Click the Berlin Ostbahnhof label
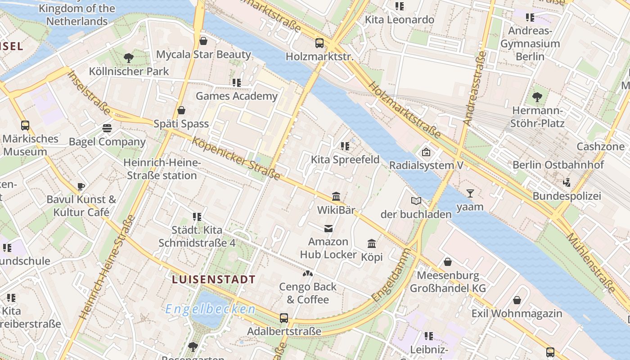tap(558, 165)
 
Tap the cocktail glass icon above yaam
tap(470, 193)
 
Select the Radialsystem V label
tap(426, 165)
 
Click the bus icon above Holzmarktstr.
tap(319, 43)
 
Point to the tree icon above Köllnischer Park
tap(129, 58)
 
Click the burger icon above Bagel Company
tap(107, 128)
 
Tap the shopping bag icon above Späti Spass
tap(181, 110)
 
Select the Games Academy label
tap(237, 96)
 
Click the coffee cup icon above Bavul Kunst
tap(81, 186)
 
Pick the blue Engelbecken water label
tap(210, 309)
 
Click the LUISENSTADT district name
tap(214, 279)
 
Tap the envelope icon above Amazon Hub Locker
tap(328, 229)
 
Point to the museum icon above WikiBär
tap(336, 197)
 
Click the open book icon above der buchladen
tap(416, 201)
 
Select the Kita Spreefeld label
tap(345, 159)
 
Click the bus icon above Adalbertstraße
tap(284, 318)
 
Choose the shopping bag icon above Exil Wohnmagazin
tap(517, 300)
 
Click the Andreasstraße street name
tap(475, 88)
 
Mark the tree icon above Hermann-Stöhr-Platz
tap(537, 97)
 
